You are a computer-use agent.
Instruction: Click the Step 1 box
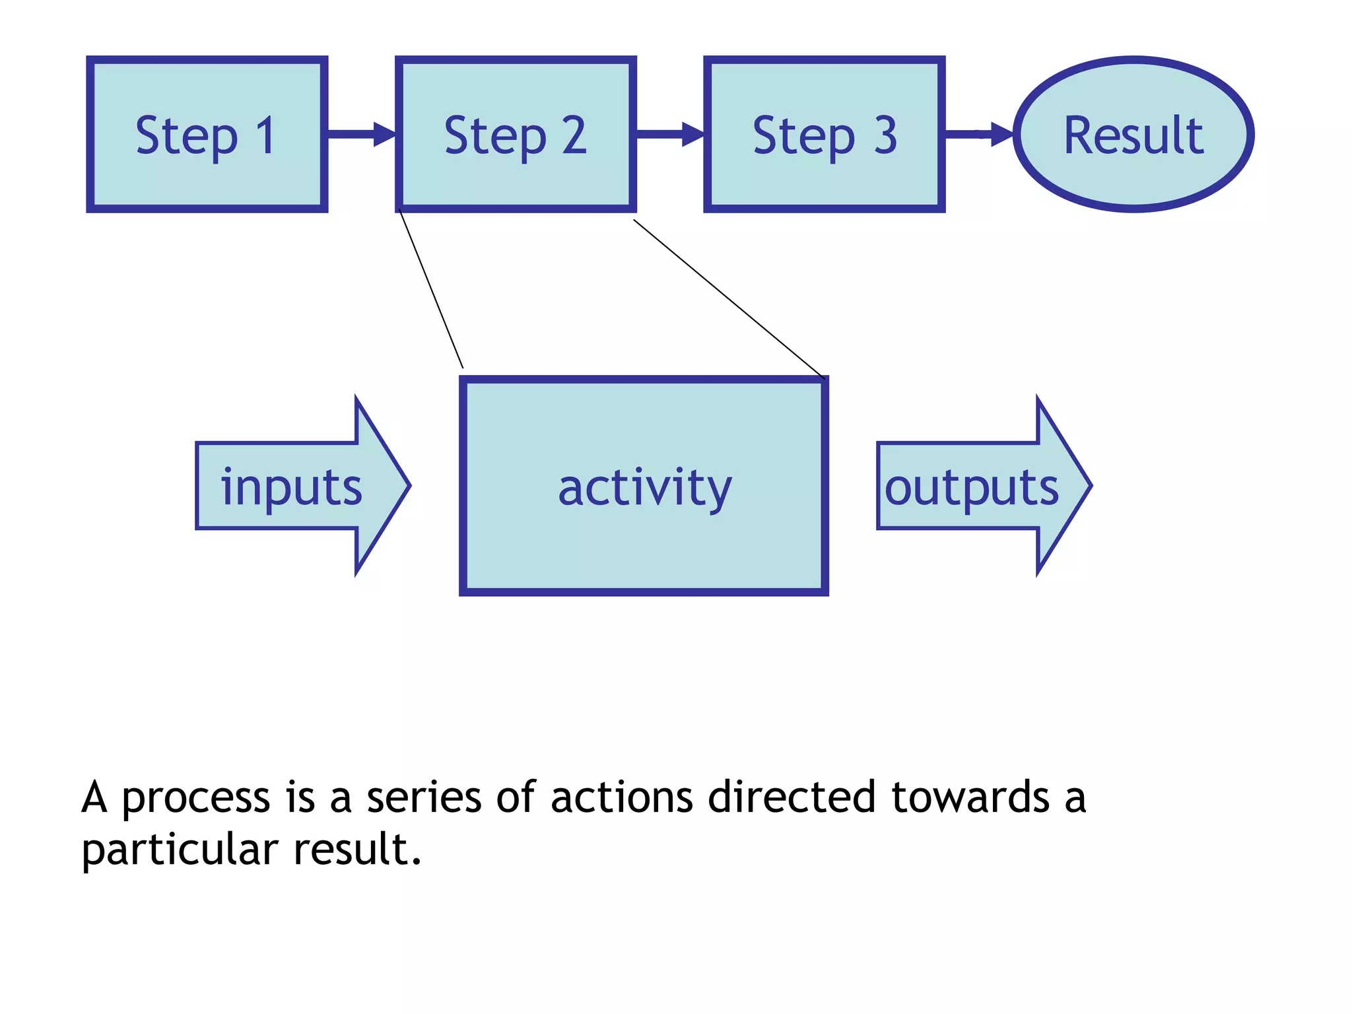[x=207, y=135]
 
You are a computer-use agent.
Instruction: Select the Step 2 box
[x=516, y=135]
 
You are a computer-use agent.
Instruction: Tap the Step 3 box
[x=825, y=135]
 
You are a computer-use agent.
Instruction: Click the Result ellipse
[x=1133, y=135]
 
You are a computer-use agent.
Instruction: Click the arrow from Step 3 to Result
[x=978, y=134]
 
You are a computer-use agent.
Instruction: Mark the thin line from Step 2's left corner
[x=431, y=288]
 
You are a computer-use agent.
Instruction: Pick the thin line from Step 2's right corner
[x=729, y=299]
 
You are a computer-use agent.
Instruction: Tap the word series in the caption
[x=424, y=797]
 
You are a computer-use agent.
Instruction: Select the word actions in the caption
[x=622, y=797]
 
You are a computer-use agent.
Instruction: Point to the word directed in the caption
[x=792, y=797]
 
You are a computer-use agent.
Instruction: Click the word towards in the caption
[x=970, y=797]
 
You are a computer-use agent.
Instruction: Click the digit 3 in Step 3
[x=886, y=135]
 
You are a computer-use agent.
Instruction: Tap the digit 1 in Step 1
[x=265, y=135]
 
